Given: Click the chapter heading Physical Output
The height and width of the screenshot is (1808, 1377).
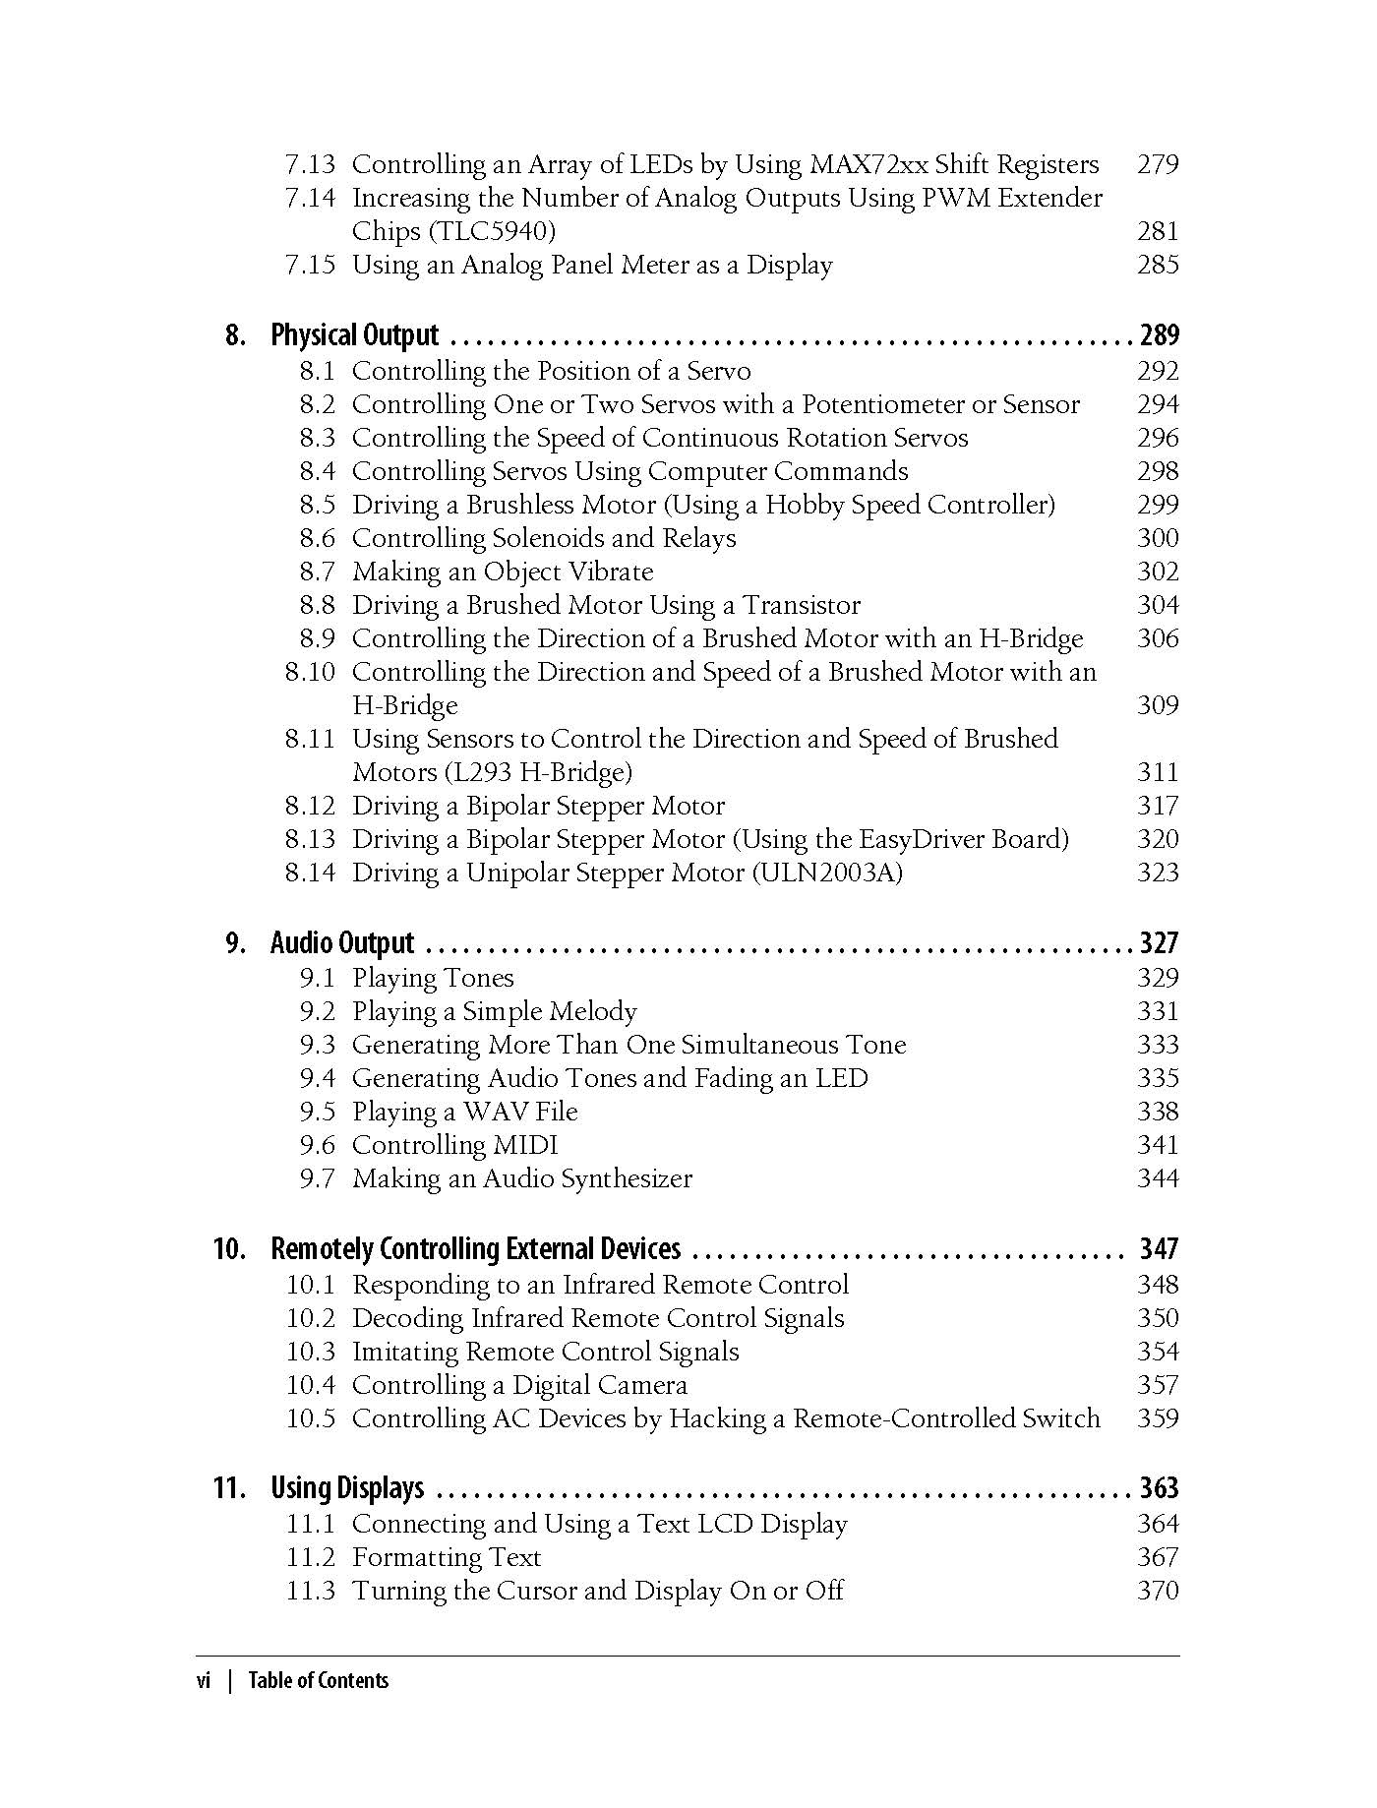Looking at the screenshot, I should (x=354, y=335).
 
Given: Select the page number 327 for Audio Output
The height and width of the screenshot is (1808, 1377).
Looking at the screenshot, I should (x=1159, y=943).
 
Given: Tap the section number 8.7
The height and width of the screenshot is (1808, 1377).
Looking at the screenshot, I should (x=317, y=572).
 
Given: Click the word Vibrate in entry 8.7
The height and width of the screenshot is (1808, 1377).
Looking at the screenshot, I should (x=611, y=572).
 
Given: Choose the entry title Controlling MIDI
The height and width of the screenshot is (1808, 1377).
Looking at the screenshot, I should (x=454, y=1145).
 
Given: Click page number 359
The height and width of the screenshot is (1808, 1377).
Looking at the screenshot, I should (x=1158, y=1418).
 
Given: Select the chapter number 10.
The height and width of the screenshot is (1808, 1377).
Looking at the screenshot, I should (x=229, y=1249).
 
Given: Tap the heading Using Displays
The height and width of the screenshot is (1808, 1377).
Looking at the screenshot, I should (x=347, y=1488).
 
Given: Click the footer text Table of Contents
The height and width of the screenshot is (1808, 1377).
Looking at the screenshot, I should (x=318, y=1681).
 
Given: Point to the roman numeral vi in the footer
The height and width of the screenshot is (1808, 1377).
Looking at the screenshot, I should (x=204, y=1681).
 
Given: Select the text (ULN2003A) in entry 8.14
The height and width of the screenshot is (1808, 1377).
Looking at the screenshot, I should (x=827, y=873).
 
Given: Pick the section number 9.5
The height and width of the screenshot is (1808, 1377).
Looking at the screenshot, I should (x=317, y=1112).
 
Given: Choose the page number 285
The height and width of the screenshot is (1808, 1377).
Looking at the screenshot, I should (x=1158, y=265).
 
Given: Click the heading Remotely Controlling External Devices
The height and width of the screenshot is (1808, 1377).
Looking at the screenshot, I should (x=475, y=1249).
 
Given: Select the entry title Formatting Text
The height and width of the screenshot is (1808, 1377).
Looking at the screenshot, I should (x=447, y=1557).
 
